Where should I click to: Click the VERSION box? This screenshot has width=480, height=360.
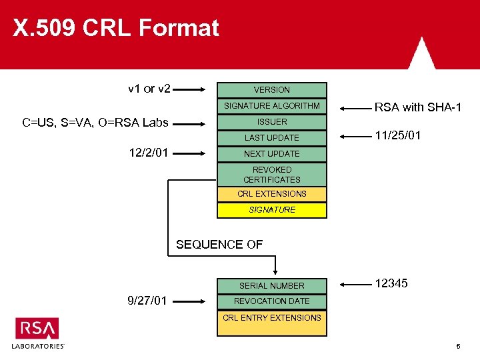pos(272,90)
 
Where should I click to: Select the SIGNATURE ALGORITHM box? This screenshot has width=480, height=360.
pos(272,106)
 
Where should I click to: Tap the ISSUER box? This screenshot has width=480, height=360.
pos(272,122)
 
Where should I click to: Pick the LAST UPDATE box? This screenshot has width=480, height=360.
pos(272,138)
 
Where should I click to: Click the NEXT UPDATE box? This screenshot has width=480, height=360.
pos(272,154)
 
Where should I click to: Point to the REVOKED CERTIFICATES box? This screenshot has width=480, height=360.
pos(272,175)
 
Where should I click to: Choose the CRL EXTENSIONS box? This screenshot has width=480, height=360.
pos(272,194)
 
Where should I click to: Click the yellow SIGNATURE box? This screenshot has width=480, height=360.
pos(272,210)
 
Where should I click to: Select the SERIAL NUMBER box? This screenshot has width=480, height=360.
pos(272,285)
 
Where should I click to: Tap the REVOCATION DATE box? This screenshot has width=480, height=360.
pos(272,301)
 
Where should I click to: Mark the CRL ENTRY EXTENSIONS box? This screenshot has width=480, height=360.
pos(272,318)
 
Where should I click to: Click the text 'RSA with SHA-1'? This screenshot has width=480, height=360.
pos(418,107)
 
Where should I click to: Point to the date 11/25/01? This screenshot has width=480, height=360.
pos(398,135)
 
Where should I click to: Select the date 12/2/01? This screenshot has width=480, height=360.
pos(149,153)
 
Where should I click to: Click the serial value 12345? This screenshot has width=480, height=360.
pos(391,283)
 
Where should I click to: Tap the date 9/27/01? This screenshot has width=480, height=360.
pos(147,301)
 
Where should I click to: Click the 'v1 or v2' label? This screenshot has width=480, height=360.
pos(149,89)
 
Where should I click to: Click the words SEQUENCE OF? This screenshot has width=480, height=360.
pos(219,245)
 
